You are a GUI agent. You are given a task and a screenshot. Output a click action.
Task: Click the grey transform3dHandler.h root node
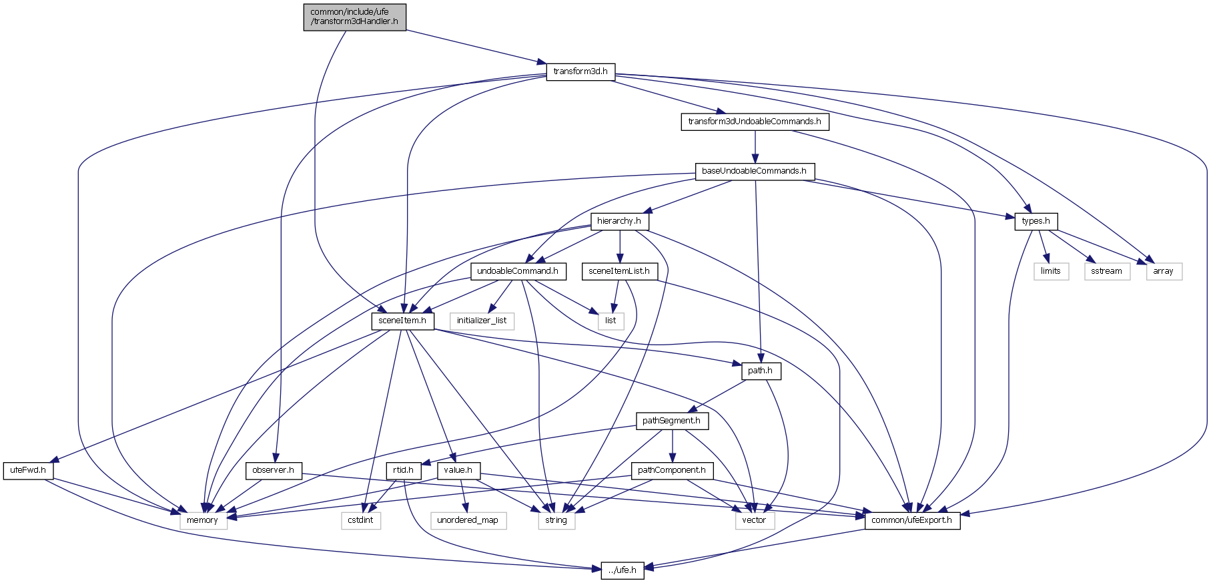click(x=354, y=17)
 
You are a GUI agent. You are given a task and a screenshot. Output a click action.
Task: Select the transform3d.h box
click(x=580, y=71)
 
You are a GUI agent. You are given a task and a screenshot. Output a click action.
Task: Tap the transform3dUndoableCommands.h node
click(x=755, y=122)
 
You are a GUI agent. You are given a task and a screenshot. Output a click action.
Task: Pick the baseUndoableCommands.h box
click(x=754, y=171)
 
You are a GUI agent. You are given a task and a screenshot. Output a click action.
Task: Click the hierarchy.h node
click(x=619, y=221)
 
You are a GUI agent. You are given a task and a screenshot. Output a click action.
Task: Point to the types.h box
click(x=1036, y=221)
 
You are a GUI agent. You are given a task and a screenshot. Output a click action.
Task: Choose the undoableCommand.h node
click(x=518, y=271)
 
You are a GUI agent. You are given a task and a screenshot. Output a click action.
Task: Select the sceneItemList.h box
click(x=620, y=271)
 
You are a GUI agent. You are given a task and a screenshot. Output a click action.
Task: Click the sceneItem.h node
click(x=402, y=321)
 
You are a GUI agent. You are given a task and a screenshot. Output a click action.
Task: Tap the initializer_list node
click(x=482, y=321)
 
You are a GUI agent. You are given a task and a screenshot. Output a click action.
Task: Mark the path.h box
click(x=761, y=371)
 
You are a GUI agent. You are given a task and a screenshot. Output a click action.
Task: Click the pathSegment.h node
click(x=671, y=421)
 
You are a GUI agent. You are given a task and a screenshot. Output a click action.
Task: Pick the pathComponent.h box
click(x=671, y=470)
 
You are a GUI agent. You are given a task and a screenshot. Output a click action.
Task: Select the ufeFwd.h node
click(x=28, y=470)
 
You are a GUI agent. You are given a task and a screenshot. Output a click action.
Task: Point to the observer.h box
click(x=274, y=470)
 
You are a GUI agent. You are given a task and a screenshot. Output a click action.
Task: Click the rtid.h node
click(x=403, y=470)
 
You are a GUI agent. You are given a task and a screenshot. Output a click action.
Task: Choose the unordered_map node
click(x=468, y=520)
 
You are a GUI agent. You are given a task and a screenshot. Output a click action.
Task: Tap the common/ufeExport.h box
click(x=912, y=520)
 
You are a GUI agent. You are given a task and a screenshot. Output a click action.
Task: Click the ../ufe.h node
click(x=623, y=570)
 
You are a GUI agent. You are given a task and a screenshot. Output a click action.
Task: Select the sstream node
click(x=1107, y=271)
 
